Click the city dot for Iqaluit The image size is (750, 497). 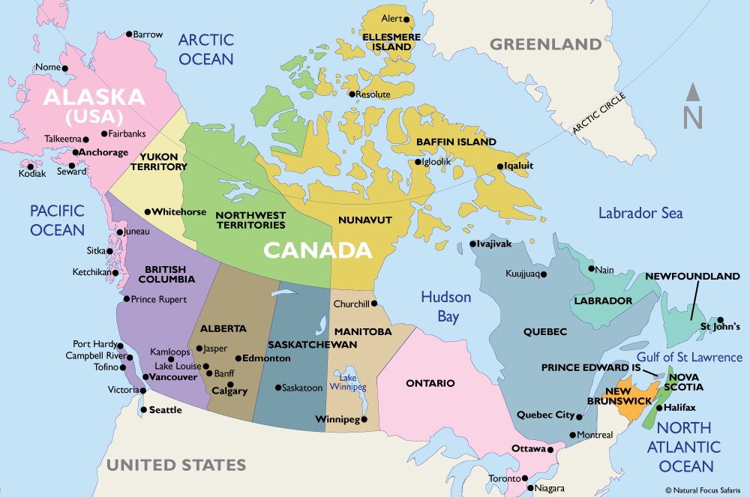[500, 166]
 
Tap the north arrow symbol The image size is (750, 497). [693, 108]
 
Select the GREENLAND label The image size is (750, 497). [545, 44]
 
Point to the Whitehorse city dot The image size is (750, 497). [148, 212]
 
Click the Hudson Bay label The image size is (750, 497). [445, 306]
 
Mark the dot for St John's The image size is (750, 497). [720, 319]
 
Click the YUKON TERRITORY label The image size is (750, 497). [158, 161]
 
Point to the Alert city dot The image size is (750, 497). [406, 19]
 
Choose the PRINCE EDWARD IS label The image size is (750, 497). [591, 368]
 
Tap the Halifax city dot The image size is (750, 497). [658, 408]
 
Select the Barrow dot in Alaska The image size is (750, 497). [129, 34]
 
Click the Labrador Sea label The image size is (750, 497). [640, 213]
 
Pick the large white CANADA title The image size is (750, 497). [316, 250]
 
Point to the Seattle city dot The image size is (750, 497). [143, 410]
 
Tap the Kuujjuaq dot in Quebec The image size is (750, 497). [545, 274]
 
